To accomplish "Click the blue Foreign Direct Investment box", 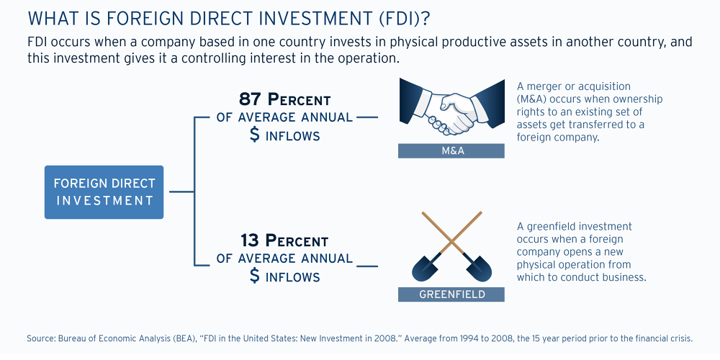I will pos(104,192).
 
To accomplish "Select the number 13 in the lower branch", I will pos(250,240).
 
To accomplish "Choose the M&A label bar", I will pos(451,151).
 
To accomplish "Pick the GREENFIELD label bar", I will pos(451,294).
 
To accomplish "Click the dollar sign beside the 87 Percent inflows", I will pos(255,135).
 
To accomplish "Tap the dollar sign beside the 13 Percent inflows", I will pos(255,276).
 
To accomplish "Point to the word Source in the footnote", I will pos(41,338).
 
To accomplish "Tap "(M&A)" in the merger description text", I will pos(534,99).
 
